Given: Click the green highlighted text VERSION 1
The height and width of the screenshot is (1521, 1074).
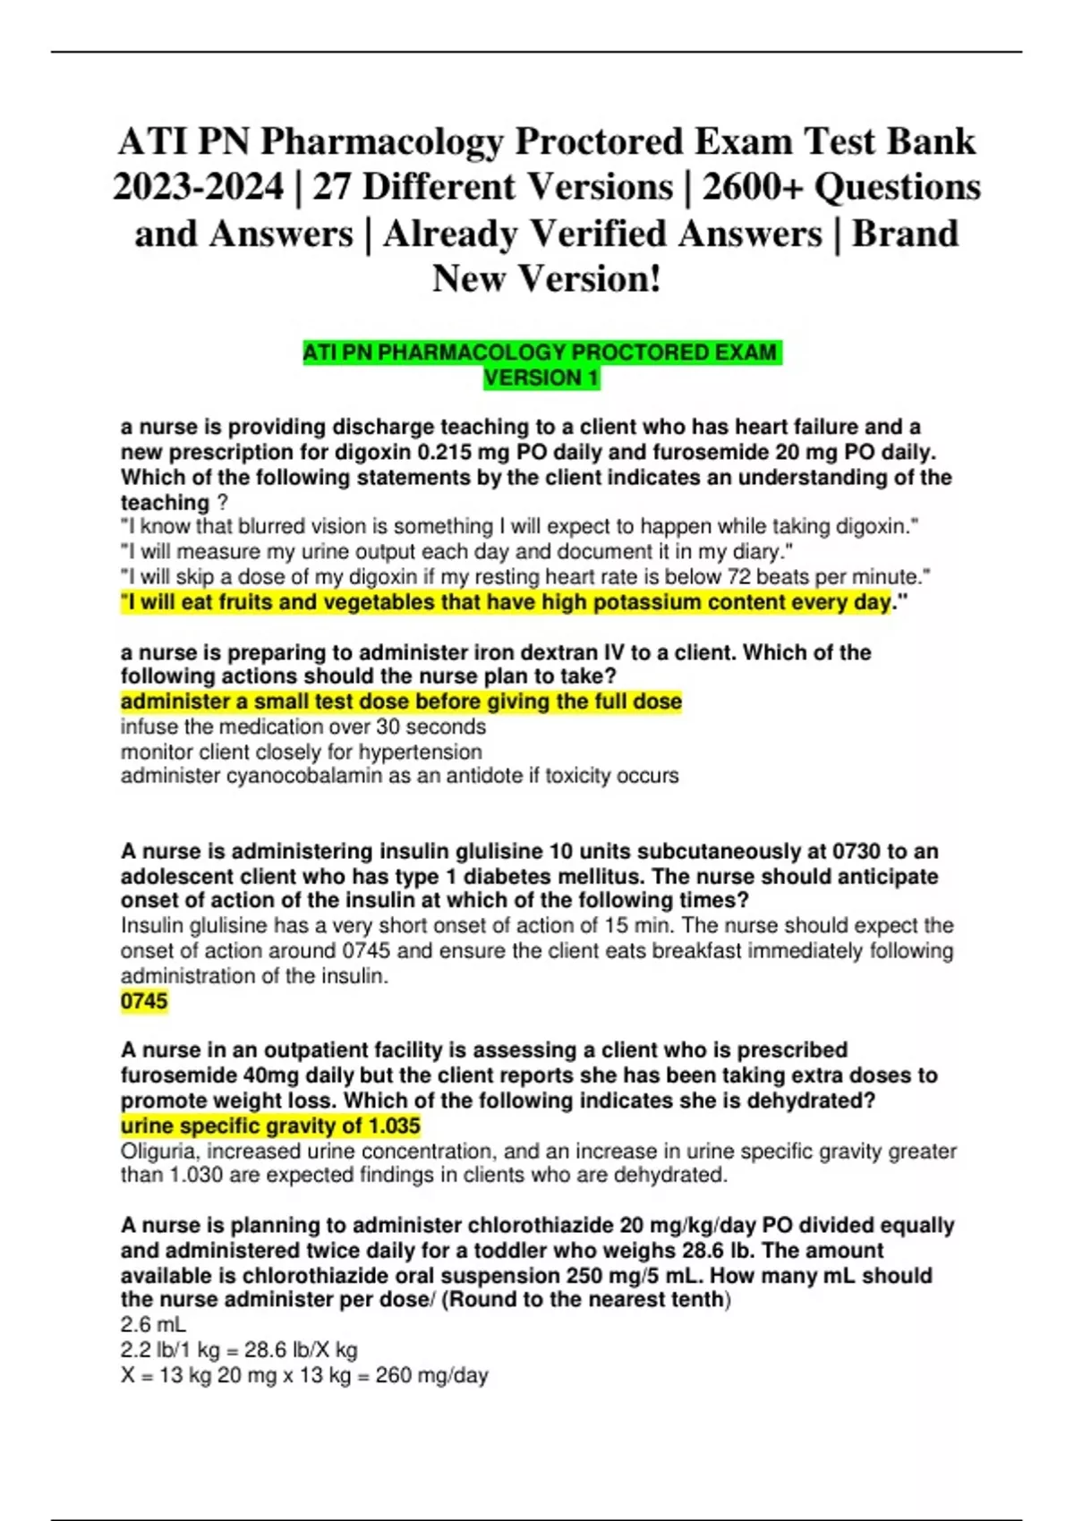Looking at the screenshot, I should pos(541,378).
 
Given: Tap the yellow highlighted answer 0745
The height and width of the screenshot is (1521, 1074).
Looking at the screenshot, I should pos(144,1000).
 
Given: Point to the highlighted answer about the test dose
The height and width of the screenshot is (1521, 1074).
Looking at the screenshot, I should pos(401,701).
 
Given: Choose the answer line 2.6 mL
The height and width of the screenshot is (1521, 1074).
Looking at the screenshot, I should pos(153,1325).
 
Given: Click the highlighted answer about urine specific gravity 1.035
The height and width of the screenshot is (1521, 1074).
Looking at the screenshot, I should pos(270,1126).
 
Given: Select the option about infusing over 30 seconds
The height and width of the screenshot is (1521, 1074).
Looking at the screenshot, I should pos(303,727).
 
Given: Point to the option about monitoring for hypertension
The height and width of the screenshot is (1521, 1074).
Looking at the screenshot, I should pos(301,752).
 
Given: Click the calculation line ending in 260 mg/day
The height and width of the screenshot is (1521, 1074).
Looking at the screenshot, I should pos(304,1375).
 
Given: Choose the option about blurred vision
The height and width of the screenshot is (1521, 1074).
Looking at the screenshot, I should pos(519,526).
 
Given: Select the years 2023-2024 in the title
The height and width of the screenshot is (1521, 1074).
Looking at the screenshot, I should pos(198,187).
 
